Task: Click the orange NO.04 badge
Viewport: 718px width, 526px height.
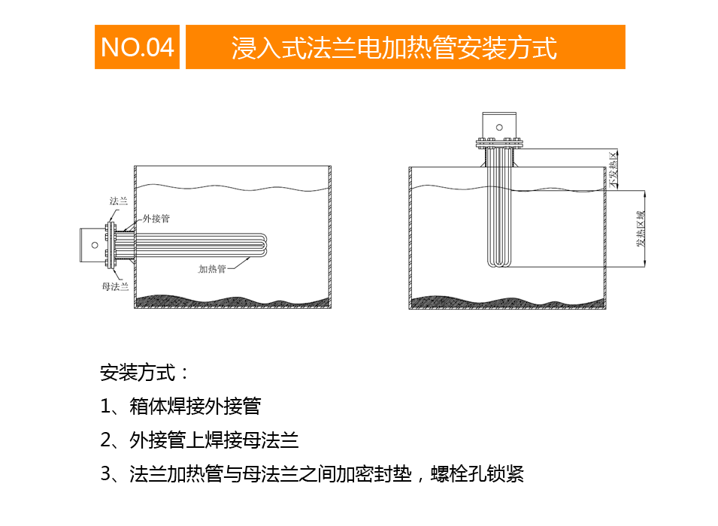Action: coord(137,47)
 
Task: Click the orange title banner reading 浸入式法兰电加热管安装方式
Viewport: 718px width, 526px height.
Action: coord(405,47)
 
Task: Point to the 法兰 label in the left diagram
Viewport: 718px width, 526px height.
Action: coord(119,201)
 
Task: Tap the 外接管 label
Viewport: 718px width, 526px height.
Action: coord(156,219)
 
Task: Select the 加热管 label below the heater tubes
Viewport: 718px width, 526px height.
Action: coord(212,269)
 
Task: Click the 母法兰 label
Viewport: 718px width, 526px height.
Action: coord(115,286)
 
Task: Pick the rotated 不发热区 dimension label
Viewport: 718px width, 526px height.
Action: coord(613,170)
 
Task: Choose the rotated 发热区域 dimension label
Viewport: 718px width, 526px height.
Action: coord(640,229)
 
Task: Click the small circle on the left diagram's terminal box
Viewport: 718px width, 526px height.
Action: coord(95,245)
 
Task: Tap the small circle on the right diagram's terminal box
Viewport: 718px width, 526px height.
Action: coord(499,127)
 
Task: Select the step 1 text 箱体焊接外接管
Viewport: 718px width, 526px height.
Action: coord(195,406)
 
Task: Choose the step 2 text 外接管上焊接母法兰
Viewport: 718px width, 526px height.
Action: coord(214,440)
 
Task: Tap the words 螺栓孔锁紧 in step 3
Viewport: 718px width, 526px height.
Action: coord(477,474)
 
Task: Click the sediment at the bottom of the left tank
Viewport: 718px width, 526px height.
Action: coord(232,301)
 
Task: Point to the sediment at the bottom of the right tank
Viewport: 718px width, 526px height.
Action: coord(507,302)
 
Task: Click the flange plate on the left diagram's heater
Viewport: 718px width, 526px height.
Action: coord(111,245)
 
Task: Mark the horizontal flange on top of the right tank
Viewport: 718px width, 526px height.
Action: coord(499,144)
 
